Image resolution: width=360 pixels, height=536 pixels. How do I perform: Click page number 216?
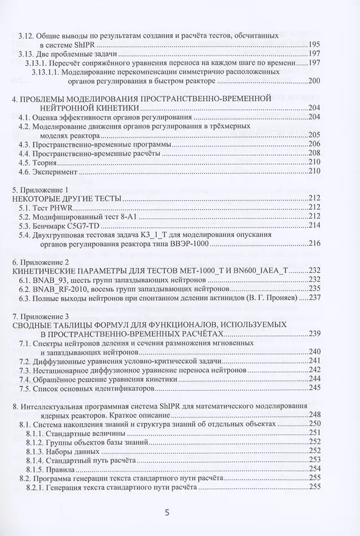coord(313,242)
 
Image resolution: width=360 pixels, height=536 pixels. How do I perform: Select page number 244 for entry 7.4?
coord(313,379)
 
